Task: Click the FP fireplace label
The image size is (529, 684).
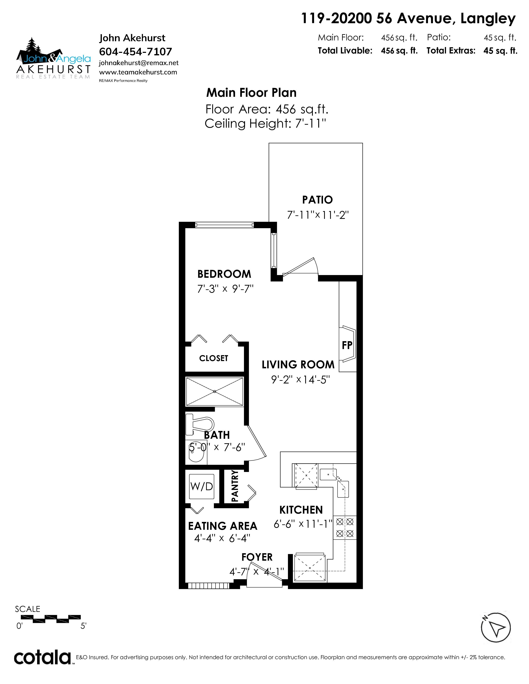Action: [x=347, y=345]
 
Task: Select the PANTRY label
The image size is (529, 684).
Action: [x=235, y=486]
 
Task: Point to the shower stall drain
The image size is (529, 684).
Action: [x=215, y=392]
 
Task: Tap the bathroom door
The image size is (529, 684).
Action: [x=257, y=443]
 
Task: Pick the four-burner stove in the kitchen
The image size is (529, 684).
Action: [x=345, y=528]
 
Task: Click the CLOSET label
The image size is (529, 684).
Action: [x=214, y=358]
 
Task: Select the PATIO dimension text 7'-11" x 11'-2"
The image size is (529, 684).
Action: [x=318, y=215]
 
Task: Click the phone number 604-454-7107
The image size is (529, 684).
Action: [x=136, y=52]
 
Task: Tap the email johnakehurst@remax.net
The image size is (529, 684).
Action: [x=139, y=63]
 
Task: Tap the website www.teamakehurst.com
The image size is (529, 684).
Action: [x=138, y=72]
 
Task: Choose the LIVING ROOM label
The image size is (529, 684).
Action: [x=298, y=365]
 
